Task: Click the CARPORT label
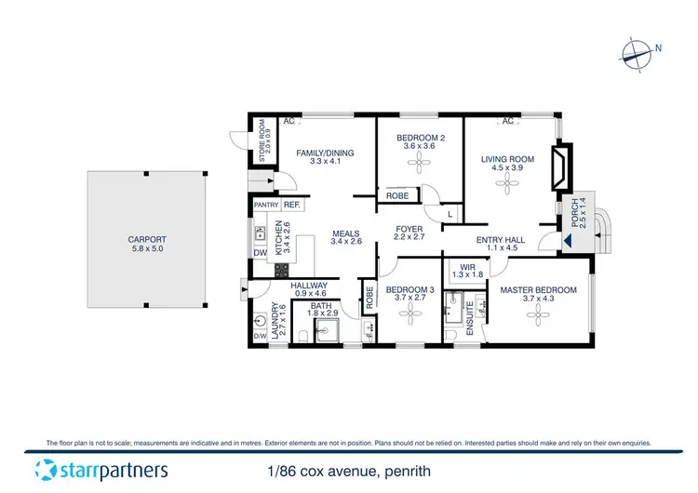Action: pos(146,239)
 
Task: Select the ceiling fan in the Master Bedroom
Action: pos(538,318)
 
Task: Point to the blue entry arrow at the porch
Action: pos(568,243)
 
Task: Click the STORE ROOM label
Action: pos(262,140)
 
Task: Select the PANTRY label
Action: pos(265,205)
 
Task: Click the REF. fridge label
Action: pos(290,205)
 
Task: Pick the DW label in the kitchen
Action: pos(259,253)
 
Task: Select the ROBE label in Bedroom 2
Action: pos(395,196)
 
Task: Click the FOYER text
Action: pos(409,229)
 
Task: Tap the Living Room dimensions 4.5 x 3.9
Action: pos(508,168)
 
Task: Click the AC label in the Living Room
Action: pos(508,122)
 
